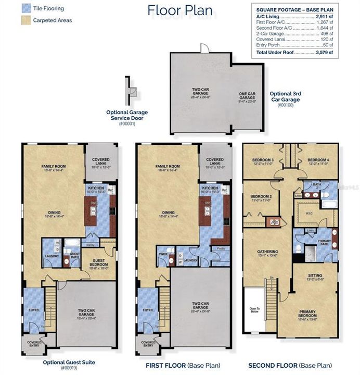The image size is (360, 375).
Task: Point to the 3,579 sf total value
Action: click(326, 53)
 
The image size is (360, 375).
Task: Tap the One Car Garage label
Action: click(247, 95)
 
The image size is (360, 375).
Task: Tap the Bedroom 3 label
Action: click(263, 160)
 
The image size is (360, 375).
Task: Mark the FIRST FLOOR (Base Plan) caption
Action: click(181, 366)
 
